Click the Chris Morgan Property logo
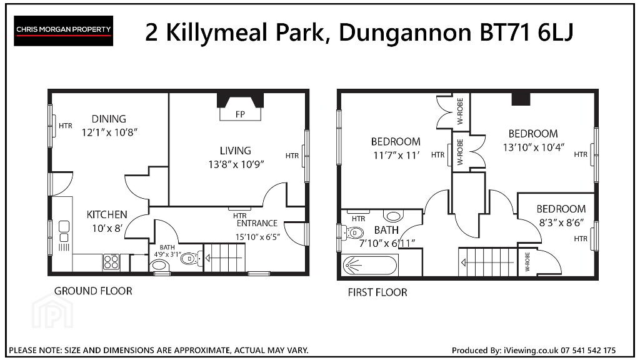63,31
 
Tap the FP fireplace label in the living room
240,115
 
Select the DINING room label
109,119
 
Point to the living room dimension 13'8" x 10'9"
236,164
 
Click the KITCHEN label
107,215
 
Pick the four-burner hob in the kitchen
111,262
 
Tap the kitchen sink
64,232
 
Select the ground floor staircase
224,257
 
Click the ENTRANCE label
257,223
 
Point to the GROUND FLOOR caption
93,291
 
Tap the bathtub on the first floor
369,265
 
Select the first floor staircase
488,262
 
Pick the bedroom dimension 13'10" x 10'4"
534,147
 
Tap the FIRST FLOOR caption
377,292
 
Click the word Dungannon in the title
405,33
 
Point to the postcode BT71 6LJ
526,32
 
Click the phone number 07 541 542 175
588,350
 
